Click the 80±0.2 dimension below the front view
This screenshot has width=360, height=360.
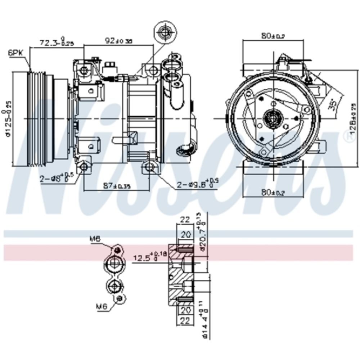click(273, 193)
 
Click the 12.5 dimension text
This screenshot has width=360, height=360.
click(144, 257)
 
